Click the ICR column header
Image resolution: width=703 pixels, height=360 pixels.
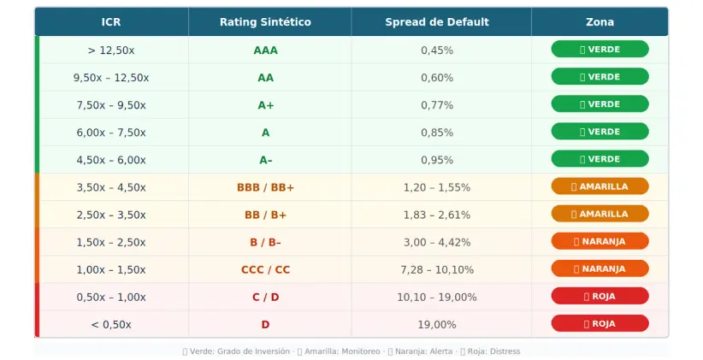[x=111, y=22]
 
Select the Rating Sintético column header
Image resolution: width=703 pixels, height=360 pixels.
[x=265, y=22]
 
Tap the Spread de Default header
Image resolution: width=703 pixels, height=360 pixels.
[x=437, y=22]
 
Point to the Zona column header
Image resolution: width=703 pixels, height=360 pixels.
[x=600, y=22]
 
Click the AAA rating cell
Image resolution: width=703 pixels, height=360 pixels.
[x=265, y=50]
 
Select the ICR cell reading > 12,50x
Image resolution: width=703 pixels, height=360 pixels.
[x=111, y=50]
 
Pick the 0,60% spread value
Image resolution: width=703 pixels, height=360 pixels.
[x=437, y=78]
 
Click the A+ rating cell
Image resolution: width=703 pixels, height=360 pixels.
[x=265, y=105]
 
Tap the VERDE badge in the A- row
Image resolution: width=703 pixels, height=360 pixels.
[x=600, y=159]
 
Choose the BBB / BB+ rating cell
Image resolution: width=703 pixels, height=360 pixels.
[x=265, y=187]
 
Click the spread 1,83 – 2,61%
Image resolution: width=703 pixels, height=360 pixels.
[x=437, y=215]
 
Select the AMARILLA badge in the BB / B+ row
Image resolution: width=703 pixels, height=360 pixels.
[x=600, y=214]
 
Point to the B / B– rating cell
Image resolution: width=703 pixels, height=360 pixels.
[x=265, y=243]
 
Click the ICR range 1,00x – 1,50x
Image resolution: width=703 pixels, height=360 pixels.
[x=111, y=270]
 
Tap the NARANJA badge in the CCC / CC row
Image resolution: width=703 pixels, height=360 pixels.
[x=600, y=269]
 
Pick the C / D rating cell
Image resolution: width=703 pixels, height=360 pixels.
[x=265, y=298]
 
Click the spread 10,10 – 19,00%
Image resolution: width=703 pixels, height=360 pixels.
[x=437, y=298]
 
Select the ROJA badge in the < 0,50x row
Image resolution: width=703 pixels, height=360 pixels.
[x=600, y=323]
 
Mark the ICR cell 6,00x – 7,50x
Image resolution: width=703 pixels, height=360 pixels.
[x=111, y=133]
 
